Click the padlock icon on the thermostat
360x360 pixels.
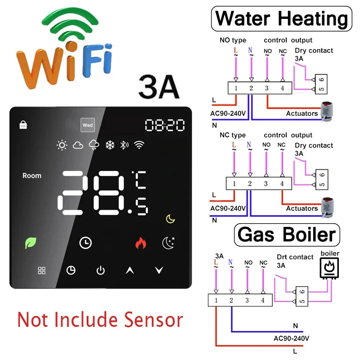click(23, 125)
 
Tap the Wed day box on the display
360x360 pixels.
click(88, 125)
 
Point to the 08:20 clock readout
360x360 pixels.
click(165, 125)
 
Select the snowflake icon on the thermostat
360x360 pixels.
click(110, 145)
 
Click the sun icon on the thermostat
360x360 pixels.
click(62, 145)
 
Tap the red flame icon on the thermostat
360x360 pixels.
click(141, 243)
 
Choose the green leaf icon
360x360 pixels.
click(31, 243)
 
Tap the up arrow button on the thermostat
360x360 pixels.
click(130, 270)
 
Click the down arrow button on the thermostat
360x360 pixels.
click(159, 270)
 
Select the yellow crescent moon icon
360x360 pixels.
click(171, 219)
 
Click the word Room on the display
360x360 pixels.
click(32, 175)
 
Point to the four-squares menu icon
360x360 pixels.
click(41, 270)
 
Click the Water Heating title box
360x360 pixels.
click(282, 18)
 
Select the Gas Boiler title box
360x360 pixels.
click(287, 234)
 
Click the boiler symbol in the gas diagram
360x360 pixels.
click(329, 268)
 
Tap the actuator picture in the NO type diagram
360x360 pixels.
click(327, 112)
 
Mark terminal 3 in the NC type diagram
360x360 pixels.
click(266, 184)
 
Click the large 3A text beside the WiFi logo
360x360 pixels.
click(159, 86)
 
